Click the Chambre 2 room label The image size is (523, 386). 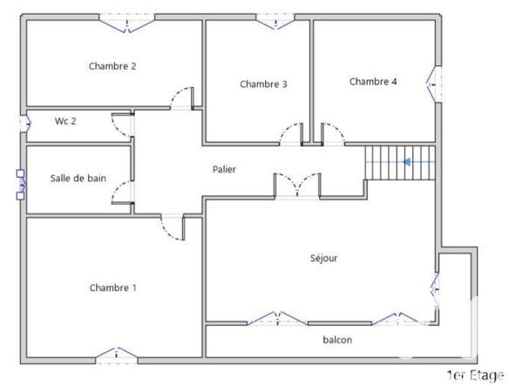click(112, 66)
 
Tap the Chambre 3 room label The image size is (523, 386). click(263, 85)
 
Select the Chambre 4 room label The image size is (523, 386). click(373, 82)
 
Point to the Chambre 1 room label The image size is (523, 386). click(112, 288)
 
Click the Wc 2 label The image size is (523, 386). click(65, 121)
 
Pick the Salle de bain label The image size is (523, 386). click(78, 179)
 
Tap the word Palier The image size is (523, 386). click(224, 169)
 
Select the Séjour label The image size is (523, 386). click(323, 258)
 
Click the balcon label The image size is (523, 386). click(337, 340)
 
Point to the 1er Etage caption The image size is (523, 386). click(474, 376)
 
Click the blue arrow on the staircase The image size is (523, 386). click(406, 161)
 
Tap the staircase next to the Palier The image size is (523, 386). click(399, 163)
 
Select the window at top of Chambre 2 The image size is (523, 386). click(127, 22)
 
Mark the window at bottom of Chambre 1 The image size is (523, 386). click(116, 355)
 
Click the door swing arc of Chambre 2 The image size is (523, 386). click(181, 98)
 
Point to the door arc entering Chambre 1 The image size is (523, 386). click(172, 228)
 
